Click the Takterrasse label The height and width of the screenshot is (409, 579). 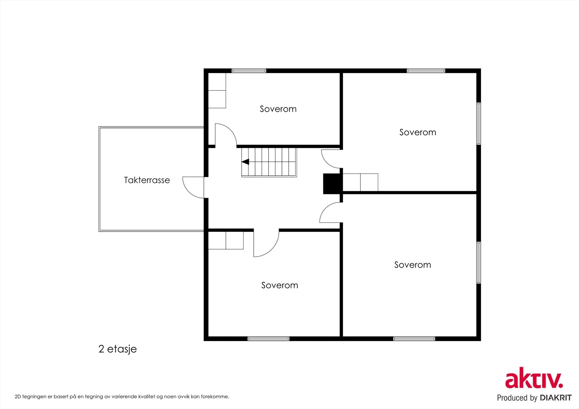pyautogui.click(x=147, y=180)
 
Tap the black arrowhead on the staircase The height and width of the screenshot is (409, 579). pyautogui.click(x=245, y=162)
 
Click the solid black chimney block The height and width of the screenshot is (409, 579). pyautogui.click(x=331, y=184)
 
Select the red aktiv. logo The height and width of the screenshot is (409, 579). pyautogui.click(x=534, y=378)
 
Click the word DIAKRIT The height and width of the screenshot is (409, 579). pyautogui.click(x=556, y=398)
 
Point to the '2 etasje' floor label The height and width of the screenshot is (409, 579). pyautogui.click(x=118, y=349)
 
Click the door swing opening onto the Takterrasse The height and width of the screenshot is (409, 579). pyautogui.click(x=193, y=188)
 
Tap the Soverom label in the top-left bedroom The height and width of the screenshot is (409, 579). pyautogui.click(x=278, y=109)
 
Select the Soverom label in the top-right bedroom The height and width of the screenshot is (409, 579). pyautogui.click(x=418, y=132)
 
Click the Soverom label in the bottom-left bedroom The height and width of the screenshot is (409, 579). pyautogui.click(x=280, y=285)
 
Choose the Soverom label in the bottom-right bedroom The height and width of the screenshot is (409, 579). pyautogui.click(x=413, y=265)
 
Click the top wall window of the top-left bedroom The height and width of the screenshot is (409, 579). pyautogui.click(x=249, y=71)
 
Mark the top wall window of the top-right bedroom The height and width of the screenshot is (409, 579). pyautogui.click(x=426, y=71)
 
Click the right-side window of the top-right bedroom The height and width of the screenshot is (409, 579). pyautogui.click(x=479, y=124)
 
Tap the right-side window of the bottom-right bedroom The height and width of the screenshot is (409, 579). pyautogui.click(x=479, y=263)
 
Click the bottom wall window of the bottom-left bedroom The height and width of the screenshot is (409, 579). pyautogui.click(x=268, y=339)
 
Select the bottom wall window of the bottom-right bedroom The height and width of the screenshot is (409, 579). pyautogui.click(x=414, y=339)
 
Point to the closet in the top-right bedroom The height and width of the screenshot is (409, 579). pyautogui.click(x=360, y=182)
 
